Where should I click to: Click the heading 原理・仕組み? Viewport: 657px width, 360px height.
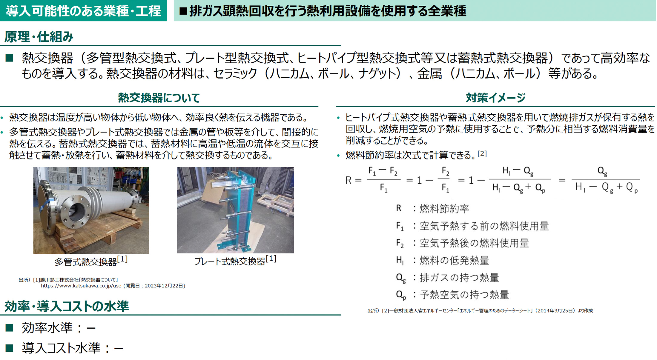pyautogui.click(x=39, y=37)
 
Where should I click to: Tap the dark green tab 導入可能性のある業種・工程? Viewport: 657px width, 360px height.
pyautogui.click(x=83, y=11)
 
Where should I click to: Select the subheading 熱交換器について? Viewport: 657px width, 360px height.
pyautogui.click(x=159, y=98)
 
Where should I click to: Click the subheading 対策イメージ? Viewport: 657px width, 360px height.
pyautogui.click(x=495, y=98)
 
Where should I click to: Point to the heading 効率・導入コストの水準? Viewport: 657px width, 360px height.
pyautogui.click(x=67, y=306)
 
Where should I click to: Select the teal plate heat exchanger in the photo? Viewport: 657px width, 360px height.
pyautogui.click(x=237, y=209)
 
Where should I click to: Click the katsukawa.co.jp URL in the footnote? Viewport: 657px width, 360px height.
pyautogui.click(x=81, y=286)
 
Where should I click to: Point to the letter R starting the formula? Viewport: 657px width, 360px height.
pyautogui.click(x=348, y=180)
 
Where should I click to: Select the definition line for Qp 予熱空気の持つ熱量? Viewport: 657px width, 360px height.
pyautogui.click(x=452, y=295)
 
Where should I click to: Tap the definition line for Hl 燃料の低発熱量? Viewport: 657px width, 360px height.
pyautogui.click(x=442, y=260)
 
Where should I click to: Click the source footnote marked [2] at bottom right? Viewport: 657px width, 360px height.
pyautogui.click(x=480, y=311)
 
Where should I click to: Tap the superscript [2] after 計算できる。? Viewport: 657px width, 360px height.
pyautogui.click(x=482, y=154)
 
